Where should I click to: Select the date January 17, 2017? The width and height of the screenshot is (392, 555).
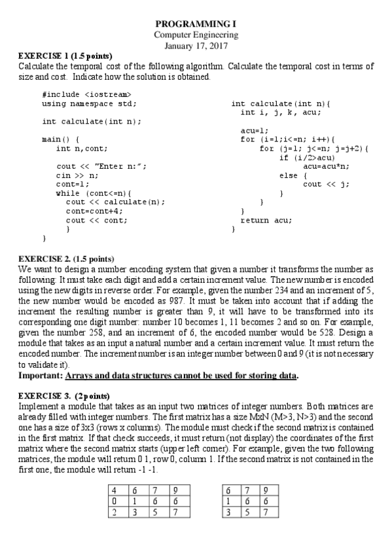tap(196, 45)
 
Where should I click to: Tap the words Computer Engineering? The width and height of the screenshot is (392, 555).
tap(196, 35)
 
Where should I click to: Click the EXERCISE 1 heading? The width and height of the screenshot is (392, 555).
tap(65, 56)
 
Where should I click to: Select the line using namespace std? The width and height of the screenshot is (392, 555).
tap(90, 103)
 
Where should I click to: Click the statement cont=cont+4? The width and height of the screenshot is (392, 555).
tap(94, 211)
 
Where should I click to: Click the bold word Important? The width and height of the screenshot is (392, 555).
tap(41, 376)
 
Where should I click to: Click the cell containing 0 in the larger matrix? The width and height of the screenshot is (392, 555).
tap(115, 501)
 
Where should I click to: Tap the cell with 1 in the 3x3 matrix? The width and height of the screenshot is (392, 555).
tap(228, 501)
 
